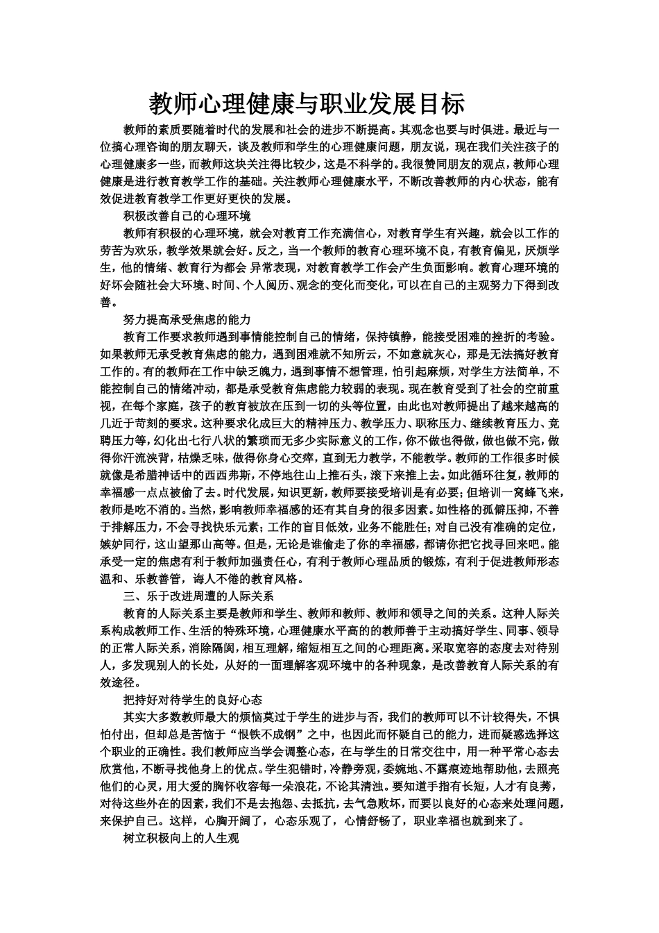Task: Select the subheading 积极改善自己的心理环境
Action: pyautogui.click(x=187, y=215)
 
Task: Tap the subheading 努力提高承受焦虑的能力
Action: pyautogui.click(x=187, y=319)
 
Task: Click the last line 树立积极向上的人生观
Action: pyautogui.click(x=181, y=839)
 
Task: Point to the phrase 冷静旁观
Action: pyautogui.click(x=350, y=769)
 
